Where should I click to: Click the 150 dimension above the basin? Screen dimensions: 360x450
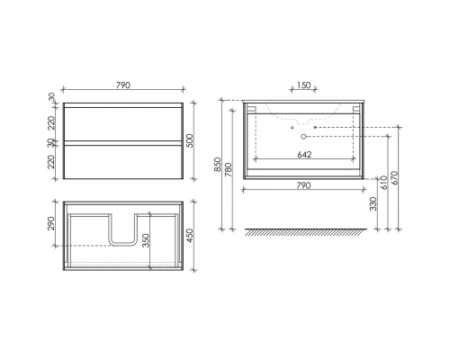point(302,86)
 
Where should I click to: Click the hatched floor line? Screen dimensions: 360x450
point(306,231)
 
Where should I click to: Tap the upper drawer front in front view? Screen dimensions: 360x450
point(123,122)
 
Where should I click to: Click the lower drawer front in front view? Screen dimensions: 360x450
point(123,159)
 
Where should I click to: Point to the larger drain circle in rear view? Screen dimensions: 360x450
point(304,146)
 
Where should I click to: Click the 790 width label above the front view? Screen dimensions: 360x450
point(123,85)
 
